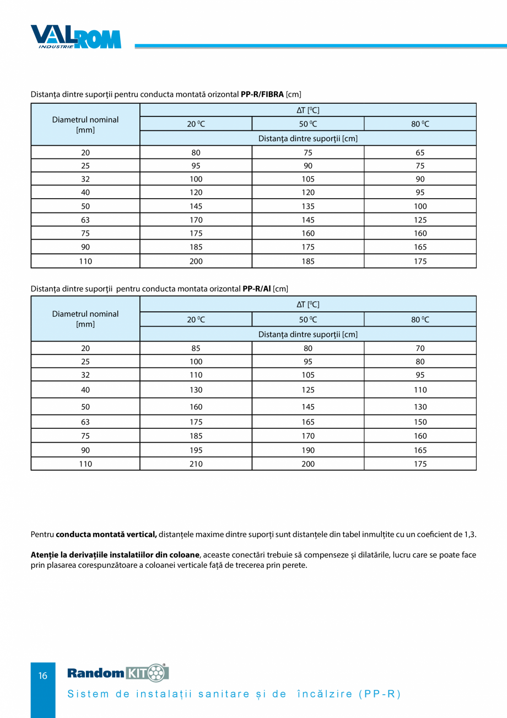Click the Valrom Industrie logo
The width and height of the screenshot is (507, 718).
click(x=75, y=36)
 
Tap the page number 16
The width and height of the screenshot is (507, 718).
click(x=43, y=676)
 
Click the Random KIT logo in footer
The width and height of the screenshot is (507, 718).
click(x=117, y=673)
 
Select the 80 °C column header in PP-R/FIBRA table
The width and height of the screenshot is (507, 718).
click(x=420, y=124)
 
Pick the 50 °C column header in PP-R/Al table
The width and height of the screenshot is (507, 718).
click(x=308, y=320)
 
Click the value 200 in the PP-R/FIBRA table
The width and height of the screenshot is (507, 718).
click(x=196, y=262)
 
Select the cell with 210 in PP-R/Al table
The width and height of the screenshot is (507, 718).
click(x=196, y=464)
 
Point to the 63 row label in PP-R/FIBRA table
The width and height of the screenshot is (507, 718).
click(x=85, y=220)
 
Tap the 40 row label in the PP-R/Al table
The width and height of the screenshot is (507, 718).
click(x=85, y=390)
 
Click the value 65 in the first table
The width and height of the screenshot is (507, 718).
click(x=420, y=152)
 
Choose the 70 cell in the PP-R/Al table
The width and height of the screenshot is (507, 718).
click(x=420, y=348)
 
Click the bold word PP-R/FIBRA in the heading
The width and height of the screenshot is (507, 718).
click(x=262, y=94)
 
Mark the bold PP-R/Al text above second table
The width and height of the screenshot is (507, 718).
click(x=256, y=289)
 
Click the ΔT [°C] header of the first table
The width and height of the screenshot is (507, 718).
click(x=308, y=110)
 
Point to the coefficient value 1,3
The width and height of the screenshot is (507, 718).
click(x=470, y=534)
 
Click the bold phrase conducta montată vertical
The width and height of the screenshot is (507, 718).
click(x=106, y=534)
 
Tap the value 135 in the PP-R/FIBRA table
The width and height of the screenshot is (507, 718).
click(x=308, y=206)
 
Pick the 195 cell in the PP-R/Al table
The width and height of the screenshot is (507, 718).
click(x=196, y=450)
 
